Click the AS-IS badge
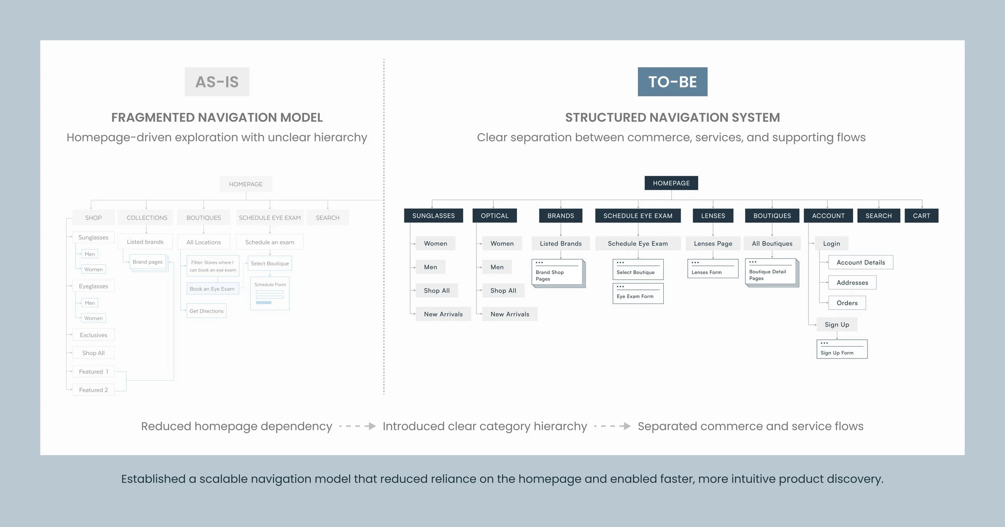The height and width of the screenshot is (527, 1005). click(x=217, y=82)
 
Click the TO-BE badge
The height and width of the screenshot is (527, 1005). click(x=672, y=82)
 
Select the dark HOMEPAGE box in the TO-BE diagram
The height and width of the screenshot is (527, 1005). click(x=671, y=183)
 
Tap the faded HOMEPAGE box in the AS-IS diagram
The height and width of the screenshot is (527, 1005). click(x=246, y=184)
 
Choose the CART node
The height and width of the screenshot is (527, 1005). click(x=921, y=216)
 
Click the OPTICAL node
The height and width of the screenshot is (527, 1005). click(x=494, y=216)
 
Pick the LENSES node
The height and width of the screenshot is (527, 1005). click(x=713, y=216)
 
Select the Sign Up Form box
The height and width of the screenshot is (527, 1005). click(x=841, y=349)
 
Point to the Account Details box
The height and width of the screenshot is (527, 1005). click(x=860, y=262)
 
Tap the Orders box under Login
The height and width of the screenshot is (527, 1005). click(x=847, y=303)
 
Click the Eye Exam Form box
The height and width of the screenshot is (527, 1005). click(x=638, y=294)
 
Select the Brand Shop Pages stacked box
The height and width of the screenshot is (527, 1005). click(x=557, y=273)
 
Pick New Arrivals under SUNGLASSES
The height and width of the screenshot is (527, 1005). click(x=443, y=314)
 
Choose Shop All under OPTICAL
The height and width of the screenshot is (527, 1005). click(x=503, y=291)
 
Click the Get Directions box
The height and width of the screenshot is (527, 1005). click(x=206, y=311)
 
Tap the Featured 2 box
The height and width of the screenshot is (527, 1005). click(x=93, y=390)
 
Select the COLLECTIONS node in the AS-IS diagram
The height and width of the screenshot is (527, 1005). click(x=147, y=218)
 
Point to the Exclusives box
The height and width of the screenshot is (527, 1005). click(x=93, y=335)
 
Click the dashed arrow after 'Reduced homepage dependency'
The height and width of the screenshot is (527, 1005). click(x=357, y=426)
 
